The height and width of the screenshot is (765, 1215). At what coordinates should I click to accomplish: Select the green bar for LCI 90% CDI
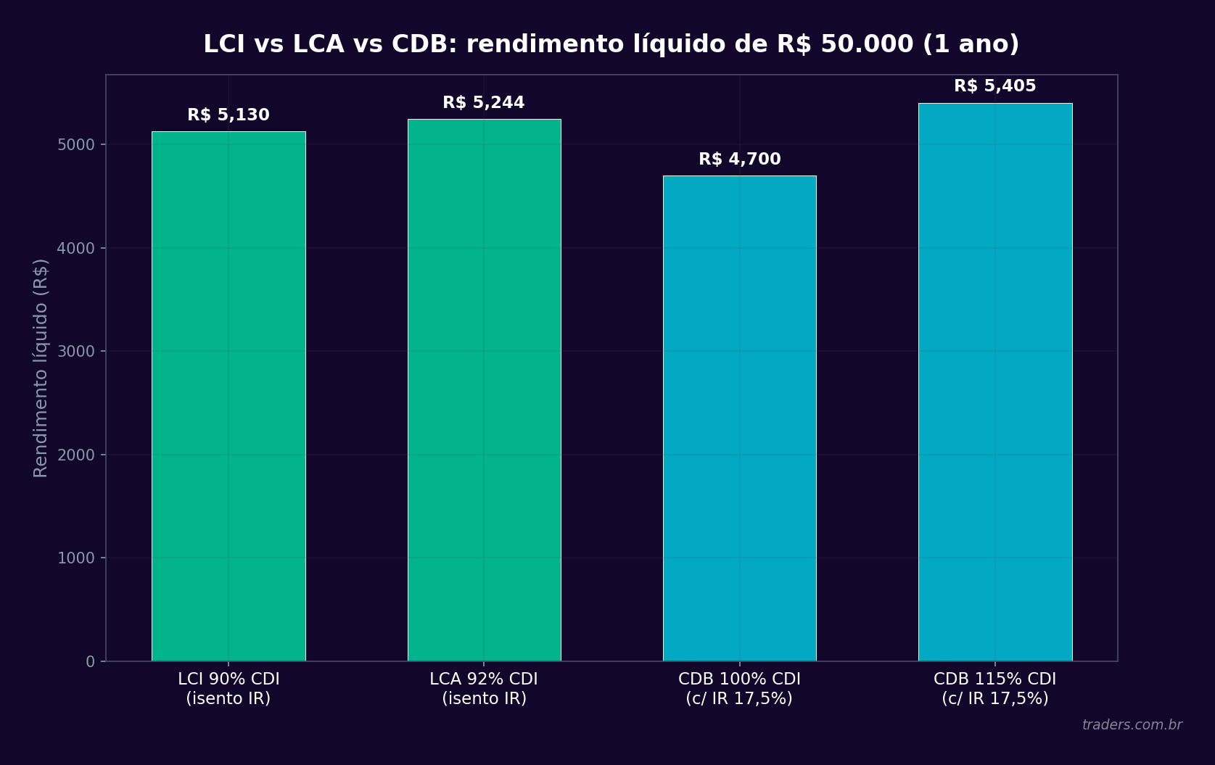228,396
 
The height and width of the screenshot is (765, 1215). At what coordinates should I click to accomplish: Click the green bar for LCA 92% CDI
484,390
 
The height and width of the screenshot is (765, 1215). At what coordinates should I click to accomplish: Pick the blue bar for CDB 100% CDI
739,418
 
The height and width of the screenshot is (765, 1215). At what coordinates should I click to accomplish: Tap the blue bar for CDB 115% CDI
994,382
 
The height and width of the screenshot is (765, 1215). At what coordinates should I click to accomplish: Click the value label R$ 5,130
228,115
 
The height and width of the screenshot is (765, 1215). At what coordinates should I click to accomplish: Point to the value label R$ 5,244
484,103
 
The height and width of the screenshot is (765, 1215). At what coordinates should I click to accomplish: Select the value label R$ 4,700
739,160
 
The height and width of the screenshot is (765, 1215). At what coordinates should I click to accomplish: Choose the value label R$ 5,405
994,86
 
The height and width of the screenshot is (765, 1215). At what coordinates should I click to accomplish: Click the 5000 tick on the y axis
76,145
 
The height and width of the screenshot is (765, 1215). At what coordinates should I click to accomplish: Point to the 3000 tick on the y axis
76,352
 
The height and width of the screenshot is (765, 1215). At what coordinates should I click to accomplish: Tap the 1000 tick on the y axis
76,558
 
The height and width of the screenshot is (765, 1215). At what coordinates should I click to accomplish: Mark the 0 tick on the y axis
90,661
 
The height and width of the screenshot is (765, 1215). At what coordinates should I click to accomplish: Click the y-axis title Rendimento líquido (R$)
41,368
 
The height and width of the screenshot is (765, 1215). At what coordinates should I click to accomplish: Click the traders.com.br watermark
1132,725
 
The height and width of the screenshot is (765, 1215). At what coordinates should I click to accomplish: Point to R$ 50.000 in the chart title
845,44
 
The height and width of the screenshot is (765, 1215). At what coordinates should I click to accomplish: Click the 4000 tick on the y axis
76,249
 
